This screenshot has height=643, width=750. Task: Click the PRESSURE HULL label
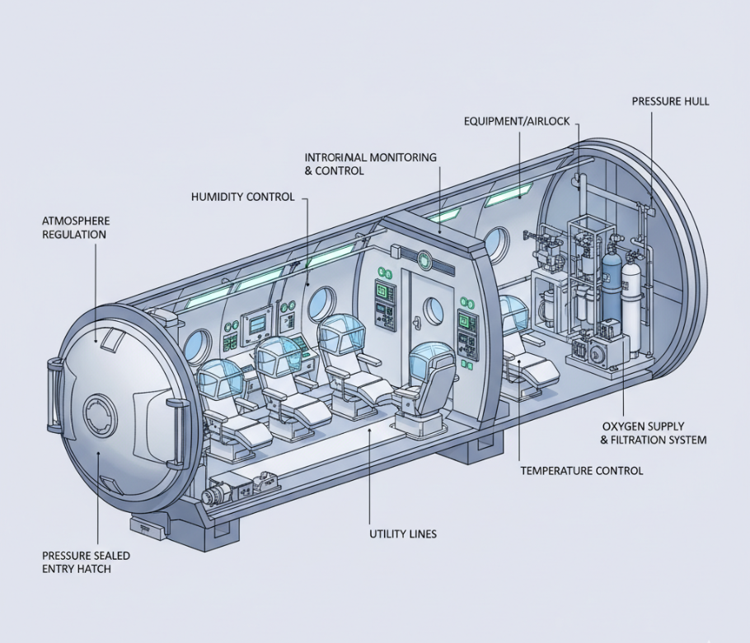(670, 101)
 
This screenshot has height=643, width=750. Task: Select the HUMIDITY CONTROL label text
(241, 198)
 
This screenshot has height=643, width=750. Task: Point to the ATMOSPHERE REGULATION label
(75, 228)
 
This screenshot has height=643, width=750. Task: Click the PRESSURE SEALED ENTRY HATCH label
(86, 562)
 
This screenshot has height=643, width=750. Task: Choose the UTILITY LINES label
(402, 534)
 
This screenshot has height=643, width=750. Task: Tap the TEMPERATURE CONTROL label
(581, 471)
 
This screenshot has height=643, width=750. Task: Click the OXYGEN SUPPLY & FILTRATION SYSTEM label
(654, 433)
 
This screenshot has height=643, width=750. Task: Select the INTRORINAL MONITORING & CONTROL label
(370, 164)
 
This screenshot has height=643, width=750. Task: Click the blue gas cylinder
(611, 285)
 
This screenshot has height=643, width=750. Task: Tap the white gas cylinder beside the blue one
(631, 292)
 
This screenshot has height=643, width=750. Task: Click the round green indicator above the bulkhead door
(424, 260)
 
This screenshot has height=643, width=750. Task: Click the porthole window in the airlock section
(497, 245)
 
